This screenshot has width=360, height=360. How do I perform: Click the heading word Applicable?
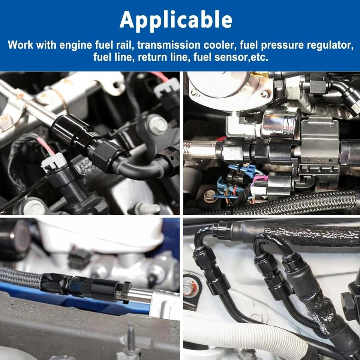176,21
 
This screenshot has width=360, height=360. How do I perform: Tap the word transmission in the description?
169,45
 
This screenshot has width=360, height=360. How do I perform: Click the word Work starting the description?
20,45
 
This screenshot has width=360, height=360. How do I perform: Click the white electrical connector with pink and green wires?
54,162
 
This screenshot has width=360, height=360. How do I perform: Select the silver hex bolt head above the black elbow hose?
158,125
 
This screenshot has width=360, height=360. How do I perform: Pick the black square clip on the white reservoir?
79,258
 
